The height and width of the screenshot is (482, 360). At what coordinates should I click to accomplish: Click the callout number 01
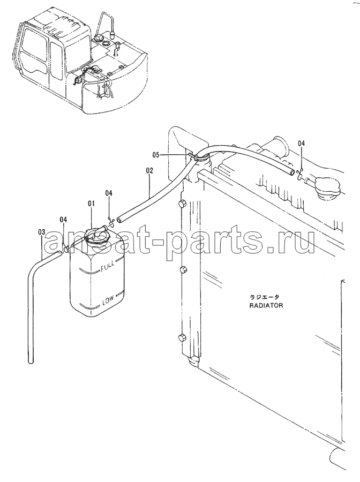point(91,204)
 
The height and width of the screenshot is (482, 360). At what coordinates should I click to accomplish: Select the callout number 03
point(42,232)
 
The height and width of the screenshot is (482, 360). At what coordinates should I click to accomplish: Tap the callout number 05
point(156,155)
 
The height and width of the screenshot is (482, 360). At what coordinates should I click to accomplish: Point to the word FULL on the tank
point(107,263)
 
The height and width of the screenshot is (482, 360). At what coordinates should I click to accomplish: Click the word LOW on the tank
point(108,299)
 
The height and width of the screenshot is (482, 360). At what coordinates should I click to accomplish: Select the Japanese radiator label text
point(264,297)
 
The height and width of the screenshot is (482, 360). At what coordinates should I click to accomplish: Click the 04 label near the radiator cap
point(302,143)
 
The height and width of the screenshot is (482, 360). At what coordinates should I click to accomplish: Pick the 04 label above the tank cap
point(109,193)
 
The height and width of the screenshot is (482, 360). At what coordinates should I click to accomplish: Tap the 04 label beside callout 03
point(63,220)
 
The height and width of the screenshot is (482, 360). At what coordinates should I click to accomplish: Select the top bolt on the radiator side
point(182,204)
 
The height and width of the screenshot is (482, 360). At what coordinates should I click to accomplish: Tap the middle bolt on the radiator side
point(182,270)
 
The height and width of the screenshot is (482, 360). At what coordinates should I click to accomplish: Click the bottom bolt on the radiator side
point(182,337)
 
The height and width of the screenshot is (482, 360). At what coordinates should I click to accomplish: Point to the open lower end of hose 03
point(31,361)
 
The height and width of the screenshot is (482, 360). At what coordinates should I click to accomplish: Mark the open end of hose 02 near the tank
point(119,219)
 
